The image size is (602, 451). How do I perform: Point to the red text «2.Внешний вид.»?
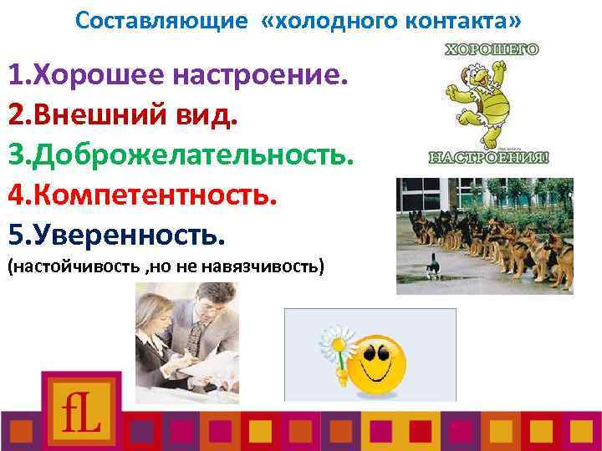coord(124,116)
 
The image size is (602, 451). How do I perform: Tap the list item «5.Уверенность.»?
coord(117,234)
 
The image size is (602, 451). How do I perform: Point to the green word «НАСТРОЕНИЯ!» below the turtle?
coord(489,157)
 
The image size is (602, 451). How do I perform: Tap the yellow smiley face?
coord(376,363)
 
